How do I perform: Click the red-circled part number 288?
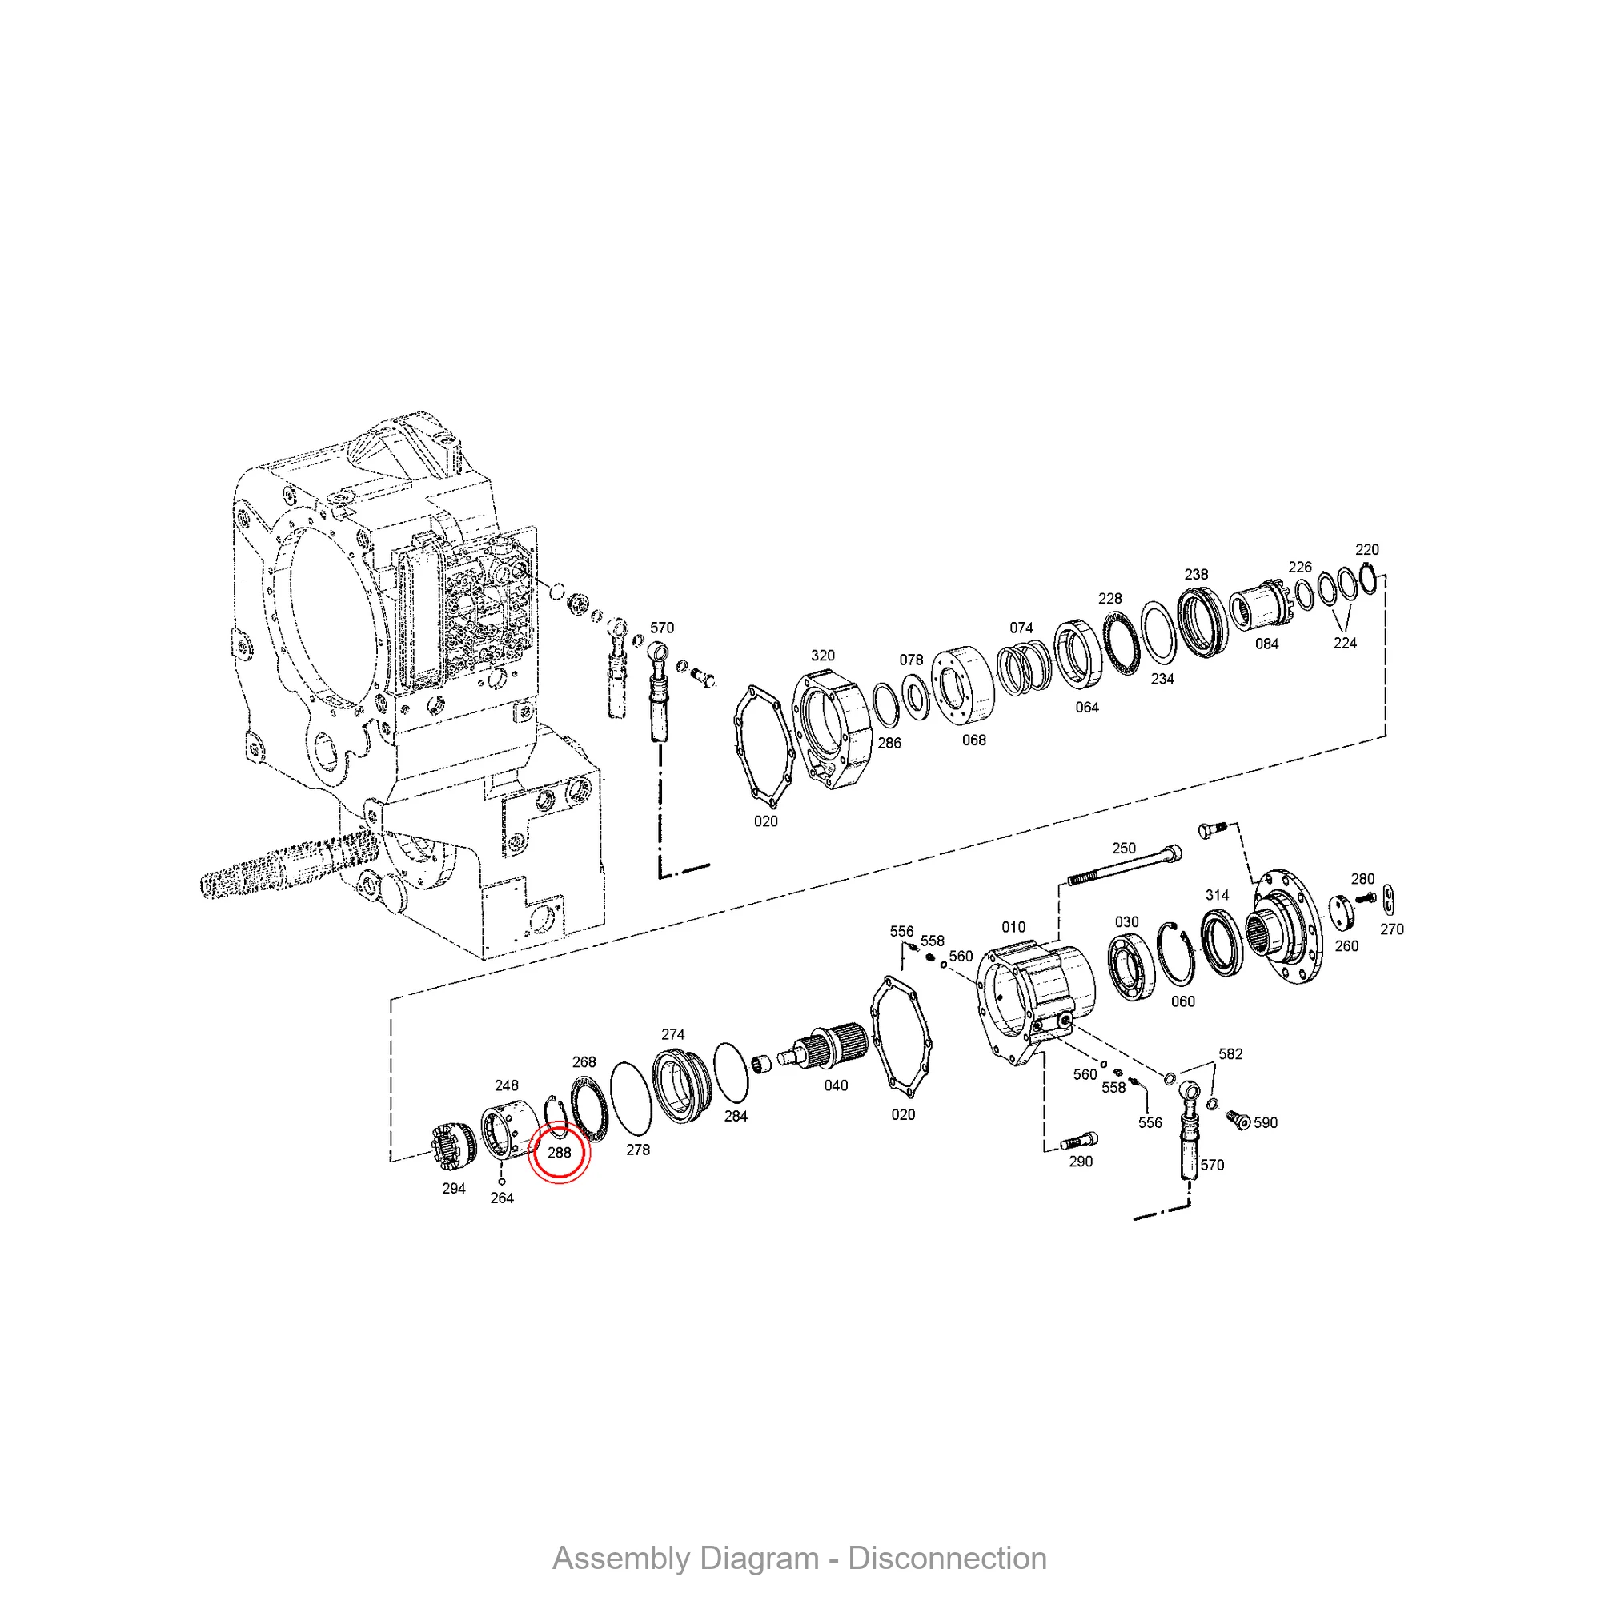tap(560, 1153)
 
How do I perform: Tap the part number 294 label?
tap(453, 1188)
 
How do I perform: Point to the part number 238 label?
tap(1196, 574)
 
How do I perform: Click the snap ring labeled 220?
tap(1368, 578)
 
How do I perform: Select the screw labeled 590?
tap(1238, 1119)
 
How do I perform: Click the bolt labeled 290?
tap(1079, 1141)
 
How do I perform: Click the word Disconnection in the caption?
tap(947, 1559)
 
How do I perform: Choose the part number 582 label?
tap(1230, 1054)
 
